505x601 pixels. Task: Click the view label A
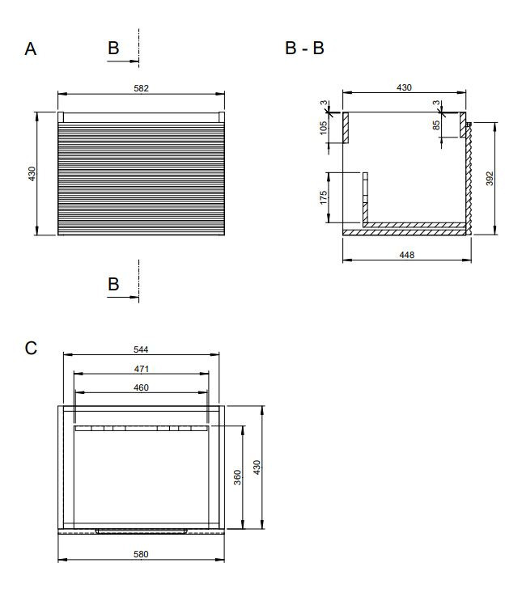coord(31,49)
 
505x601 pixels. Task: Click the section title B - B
coord(305,48)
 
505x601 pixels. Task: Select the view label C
coord(31,348)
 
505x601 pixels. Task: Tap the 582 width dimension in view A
coord(141,88)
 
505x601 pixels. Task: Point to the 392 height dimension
coord(490,179)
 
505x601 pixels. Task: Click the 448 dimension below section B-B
coord(406,255)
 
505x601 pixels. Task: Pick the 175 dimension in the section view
coord(324,197)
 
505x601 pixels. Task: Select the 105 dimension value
coord(324,128)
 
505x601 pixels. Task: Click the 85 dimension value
coord(436,125)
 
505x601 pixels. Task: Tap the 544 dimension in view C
coord(141,349)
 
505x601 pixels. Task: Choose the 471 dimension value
coord(141,369)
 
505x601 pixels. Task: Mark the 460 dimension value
coord(141,387)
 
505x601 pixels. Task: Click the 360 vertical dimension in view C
coord(237,477)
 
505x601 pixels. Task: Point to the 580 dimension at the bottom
coord(141,554)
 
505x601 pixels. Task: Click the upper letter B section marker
coord(113,49)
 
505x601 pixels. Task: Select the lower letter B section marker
coord(113,285)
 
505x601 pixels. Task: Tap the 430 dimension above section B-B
coord(404,88)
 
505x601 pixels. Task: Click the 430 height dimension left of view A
coord(32,174)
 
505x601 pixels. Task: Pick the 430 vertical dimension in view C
coord(257,468)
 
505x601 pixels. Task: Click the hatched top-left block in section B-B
coord(346,128)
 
